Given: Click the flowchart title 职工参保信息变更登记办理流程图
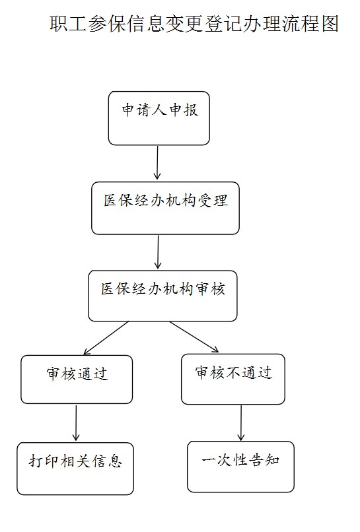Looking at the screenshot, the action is [x=194, y=24].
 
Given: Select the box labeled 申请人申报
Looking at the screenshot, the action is [x=159, y=118].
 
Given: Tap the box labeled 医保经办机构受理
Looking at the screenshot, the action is [x=165, y=208].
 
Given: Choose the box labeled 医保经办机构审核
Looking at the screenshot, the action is [x=162, y=296].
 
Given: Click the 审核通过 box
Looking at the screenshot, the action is [x=77, y=380].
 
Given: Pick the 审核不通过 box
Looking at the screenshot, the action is [x=233, y=379].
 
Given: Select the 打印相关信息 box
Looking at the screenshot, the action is [x=75, y=469].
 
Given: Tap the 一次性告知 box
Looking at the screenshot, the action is [x=241, y=467].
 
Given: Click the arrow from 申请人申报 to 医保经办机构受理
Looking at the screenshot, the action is [x=157, y=162].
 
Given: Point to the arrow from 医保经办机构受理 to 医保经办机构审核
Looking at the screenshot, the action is [x=158, y=251].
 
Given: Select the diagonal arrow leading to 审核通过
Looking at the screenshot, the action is [x=106, y=338].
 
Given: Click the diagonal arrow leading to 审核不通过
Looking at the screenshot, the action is [x=194, y=337].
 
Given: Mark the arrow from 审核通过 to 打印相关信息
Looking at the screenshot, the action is [x=76, y=422].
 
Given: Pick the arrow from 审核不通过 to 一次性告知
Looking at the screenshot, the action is [x=241, y=422].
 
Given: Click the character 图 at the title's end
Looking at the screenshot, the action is [x=330, y=24].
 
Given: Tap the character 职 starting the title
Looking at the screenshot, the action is [x=59, y=24].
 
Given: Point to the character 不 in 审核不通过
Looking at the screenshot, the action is [x=234, y=372].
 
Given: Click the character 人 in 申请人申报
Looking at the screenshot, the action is [x=159, y=110].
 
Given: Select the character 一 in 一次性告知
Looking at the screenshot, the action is [x=209, y=461].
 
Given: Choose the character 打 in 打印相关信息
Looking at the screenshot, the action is [x=36, y=461].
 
